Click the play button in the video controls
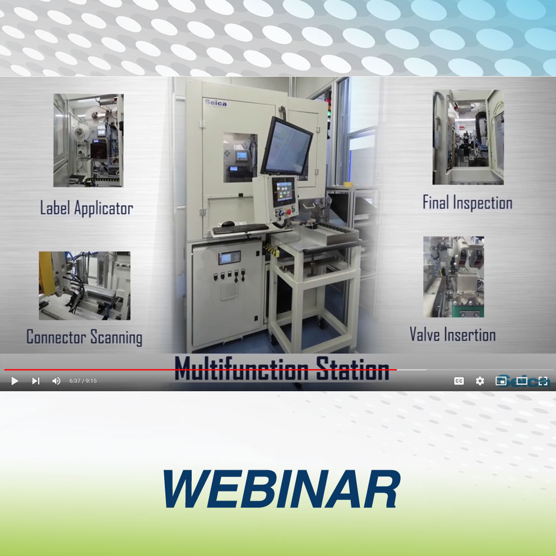point(15,381)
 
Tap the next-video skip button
point(35,381)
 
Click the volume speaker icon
point(56,381)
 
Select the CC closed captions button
point(459,381)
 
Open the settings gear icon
point(480,381)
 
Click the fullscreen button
point(543,381)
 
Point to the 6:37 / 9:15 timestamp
point(83,381)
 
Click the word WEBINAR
point(282,489)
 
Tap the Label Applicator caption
point(86,208)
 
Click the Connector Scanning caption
point(85,337)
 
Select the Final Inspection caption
point(467,203)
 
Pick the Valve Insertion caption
point(452,335)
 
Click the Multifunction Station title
point(282,369)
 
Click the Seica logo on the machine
point(216,103)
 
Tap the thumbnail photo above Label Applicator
point(89,140)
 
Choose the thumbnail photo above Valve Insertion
point(453,276)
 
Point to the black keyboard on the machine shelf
point(241,229)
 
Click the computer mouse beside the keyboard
point(228,224)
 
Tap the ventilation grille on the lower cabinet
point(229,292)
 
